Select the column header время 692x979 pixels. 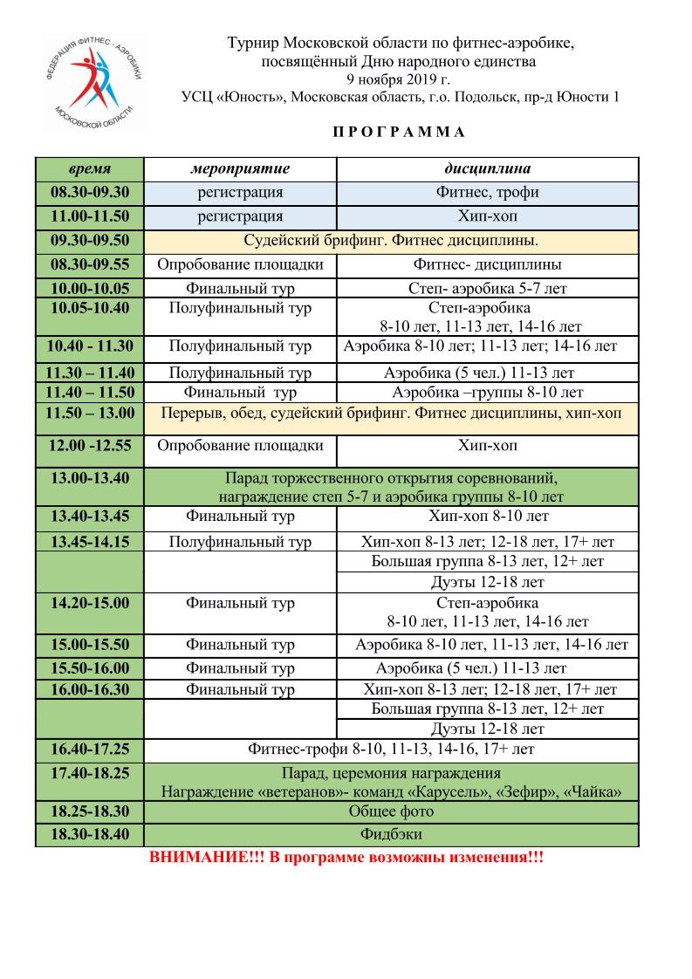click(89, 168)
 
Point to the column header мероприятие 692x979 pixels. click(240, 168)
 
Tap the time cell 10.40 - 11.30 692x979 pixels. click(90, 346)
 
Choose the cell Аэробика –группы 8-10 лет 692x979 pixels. click(487, 393)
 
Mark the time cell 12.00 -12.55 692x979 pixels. click(90, 446)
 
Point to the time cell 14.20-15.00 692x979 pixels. click(90, 603)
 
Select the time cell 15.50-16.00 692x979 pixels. click(90, 668)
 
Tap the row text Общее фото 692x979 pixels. click(391, 811)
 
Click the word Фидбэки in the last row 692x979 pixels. click(391, 835)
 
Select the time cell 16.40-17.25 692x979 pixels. click(90, 749)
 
